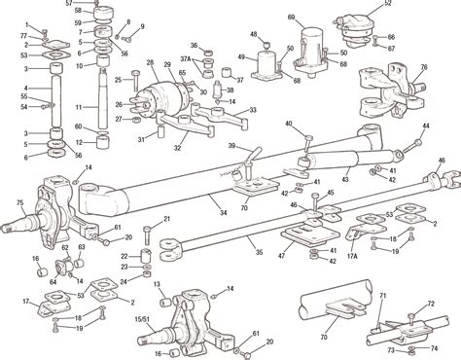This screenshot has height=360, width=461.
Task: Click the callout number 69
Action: pos(292,18)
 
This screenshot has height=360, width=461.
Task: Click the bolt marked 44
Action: pos(416,144)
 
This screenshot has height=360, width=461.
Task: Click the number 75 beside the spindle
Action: pos(18,203)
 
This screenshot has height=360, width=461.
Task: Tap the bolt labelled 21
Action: pos(144,234)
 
